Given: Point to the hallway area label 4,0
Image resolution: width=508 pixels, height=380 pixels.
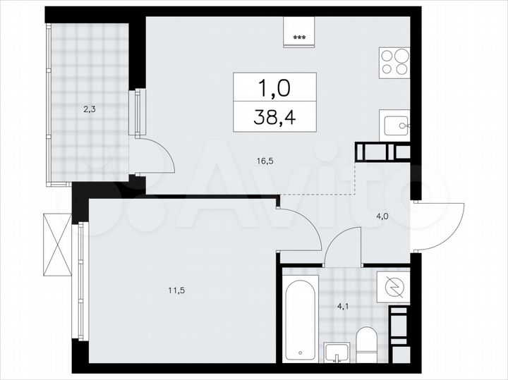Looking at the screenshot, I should pyautogui.click(x=382, y=216).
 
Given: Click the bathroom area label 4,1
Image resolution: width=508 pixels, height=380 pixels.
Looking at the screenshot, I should pyautogui.click(x=343, y=306).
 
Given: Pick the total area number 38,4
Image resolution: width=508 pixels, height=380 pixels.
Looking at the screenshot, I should pyautogui.click(x=275, y=117).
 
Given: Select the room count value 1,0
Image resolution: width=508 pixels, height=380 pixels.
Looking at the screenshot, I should pyautogui.click(x=275, y=87).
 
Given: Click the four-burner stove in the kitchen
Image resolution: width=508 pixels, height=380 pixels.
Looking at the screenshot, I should pyautogui.click(x=394, y=62).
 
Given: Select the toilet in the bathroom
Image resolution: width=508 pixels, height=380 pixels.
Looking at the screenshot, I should pyautogui.click(x=365, y=344).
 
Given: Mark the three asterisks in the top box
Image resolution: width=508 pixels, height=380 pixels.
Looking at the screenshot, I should pyautogui.click(x=298, y=37).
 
